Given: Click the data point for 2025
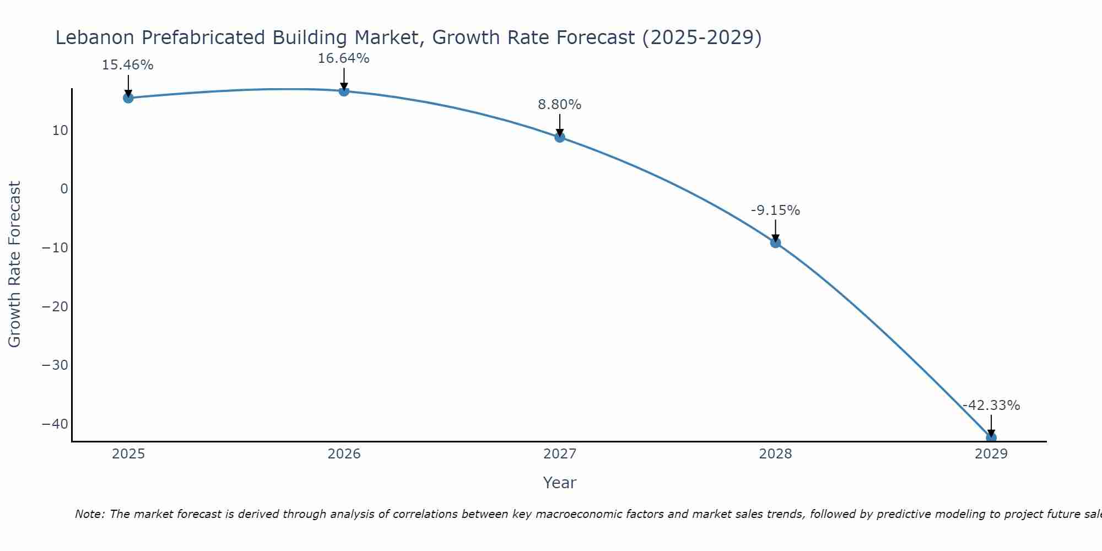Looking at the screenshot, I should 128,98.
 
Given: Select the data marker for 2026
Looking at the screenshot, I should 344,91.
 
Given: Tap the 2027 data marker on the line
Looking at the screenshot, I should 560,137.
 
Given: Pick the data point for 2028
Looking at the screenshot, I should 775,242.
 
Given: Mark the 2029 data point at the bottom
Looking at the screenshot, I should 991,438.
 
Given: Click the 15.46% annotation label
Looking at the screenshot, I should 128,65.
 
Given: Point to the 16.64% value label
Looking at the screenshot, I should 344,58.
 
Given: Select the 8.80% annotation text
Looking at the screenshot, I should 560,105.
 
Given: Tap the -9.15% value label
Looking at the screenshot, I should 775,210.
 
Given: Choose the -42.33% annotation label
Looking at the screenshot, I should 991,406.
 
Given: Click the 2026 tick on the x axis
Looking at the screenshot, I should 344,454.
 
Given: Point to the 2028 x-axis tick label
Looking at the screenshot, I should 775,454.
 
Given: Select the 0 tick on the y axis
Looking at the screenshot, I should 64,189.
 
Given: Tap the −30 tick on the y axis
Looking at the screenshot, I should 55,365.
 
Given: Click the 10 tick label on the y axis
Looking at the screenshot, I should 60,131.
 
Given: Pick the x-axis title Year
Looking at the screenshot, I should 559,483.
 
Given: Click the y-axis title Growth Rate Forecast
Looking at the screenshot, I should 15,264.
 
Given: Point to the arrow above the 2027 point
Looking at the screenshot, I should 560,125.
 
